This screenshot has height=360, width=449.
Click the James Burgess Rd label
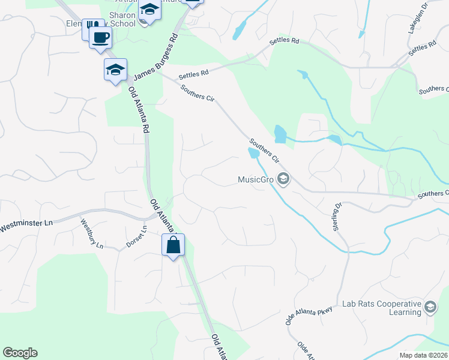[x=155, y=59]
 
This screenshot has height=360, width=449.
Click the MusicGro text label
[x=256, y=179]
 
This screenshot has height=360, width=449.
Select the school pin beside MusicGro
[x=285, y=179]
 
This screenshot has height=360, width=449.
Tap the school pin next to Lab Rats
[x=430, y=307]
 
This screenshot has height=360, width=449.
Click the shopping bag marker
[x=173, y=245]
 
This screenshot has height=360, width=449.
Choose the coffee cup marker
[x=101, y=38]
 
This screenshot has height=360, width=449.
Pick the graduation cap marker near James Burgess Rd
[x=115, y=70]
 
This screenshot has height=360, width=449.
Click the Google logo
[x=20, y=353]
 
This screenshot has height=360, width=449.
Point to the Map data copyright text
[x=424, y=355]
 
